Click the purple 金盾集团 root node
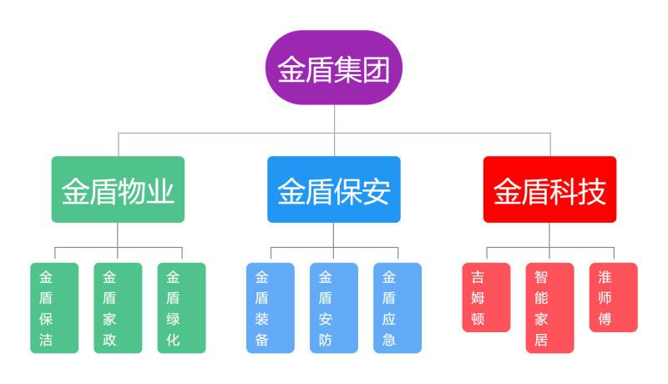(334, 68)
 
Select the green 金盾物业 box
(118, 189)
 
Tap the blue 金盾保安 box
(334, 189)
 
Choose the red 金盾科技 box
(549, 189)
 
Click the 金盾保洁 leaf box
(54, 308)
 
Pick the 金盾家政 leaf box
(118, 308)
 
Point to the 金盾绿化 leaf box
(181, 308)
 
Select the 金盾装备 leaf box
(270, 308)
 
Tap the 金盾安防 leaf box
(334, 308)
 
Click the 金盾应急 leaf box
(397, 308)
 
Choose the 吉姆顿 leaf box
(486, 298)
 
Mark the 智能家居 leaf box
(549, 308)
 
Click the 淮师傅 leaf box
(613, 298)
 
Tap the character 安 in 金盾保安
(377, 192)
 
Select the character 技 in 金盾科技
(592, 192)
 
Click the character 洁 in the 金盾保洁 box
(46, 340)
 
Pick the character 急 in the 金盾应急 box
(389, 340)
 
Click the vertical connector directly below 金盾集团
(335, 119)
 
